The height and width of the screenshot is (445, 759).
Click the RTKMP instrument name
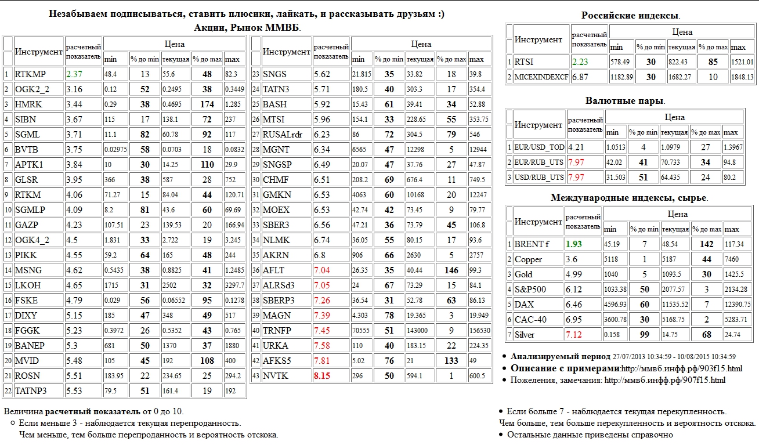point(30,74)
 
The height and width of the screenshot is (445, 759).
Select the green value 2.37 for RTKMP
point(74,74)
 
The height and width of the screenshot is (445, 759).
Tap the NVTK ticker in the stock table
point(276,376)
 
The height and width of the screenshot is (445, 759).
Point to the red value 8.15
point(322,376)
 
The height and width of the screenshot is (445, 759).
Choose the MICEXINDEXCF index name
point(541,77)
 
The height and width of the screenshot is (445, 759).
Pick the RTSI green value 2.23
point(580,61)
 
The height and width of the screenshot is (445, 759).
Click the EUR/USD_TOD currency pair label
point(540,147)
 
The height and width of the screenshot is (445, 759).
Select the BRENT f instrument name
point(532,244)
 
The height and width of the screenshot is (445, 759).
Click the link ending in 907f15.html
point(664,380)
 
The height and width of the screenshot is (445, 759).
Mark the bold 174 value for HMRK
point(207,104)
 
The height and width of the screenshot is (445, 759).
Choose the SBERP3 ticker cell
point(279,301)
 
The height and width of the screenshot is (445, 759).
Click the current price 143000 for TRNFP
point(417,331)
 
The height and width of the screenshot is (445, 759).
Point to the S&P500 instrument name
point(529,290)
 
